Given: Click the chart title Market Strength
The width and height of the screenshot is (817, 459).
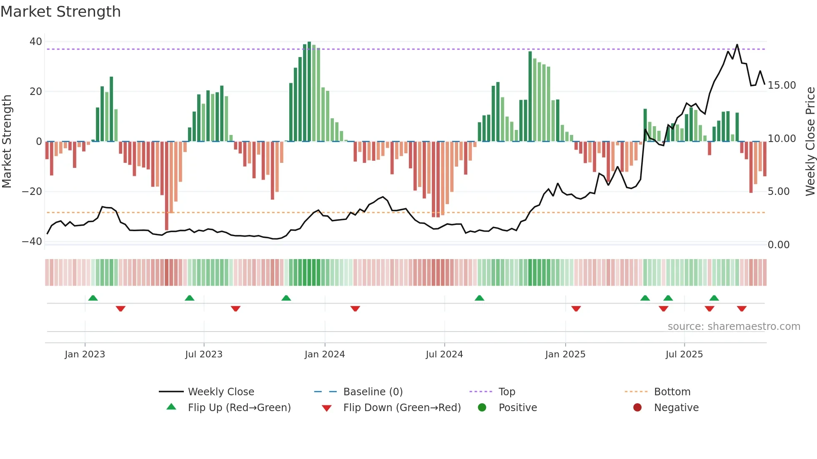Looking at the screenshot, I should (x=60, y=12).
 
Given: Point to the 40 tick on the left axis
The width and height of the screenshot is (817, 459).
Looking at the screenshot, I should (x=36, y=42).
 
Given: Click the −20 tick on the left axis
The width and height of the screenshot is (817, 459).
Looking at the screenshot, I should (x=32, y=192).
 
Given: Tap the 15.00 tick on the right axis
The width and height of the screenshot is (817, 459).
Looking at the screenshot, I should (x=782, y=85).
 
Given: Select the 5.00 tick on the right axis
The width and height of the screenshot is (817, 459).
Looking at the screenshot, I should (x=778, y=192).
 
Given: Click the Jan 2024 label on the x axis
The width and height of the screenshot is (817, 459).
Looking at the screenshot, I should (x=325, y=354).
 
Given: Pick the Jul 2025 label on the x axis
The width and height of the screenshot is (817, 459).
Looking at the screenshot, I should (x=684, y=354).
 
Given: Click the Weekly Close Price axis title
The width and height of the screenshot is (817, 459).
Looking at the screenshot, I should (x=810, y=142).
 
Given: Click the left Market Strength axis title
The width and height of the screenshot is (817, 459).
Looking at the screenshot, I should (x=7, y=142).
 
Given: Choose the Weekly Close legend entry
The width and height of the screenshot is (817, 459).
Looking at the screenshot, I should (x=221, y=392).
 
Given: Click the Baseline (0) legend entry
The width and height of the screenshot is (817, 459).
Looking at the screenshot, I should (x=373, y=392).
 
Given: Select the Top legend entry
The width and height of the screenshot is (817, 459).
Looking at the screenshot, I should (x=507, y=392).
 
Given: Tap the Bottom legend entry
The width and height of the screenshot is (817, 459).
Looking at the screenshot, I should (x=672, y=392).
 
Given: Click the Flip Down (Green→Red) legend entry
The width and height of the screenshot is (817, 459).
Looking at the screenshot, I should (x=402, y=408).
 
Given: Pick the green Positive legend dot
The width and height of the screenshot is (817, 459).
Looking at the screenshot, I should (x=482, y=408).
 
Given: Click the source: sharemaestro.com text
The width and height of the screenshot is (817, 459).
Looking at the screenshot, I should (x=734, y=327).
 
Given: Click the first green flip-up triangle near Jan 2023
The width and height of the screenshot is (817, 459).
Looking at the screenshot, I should (x=93, y=298).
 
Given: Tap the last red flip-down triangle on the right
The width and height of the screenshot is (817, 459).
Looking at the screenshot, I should (x=742, y=309).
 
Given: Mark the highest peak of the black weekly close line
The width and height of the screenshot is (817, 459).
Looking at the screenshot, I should (x=737, y=45).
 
